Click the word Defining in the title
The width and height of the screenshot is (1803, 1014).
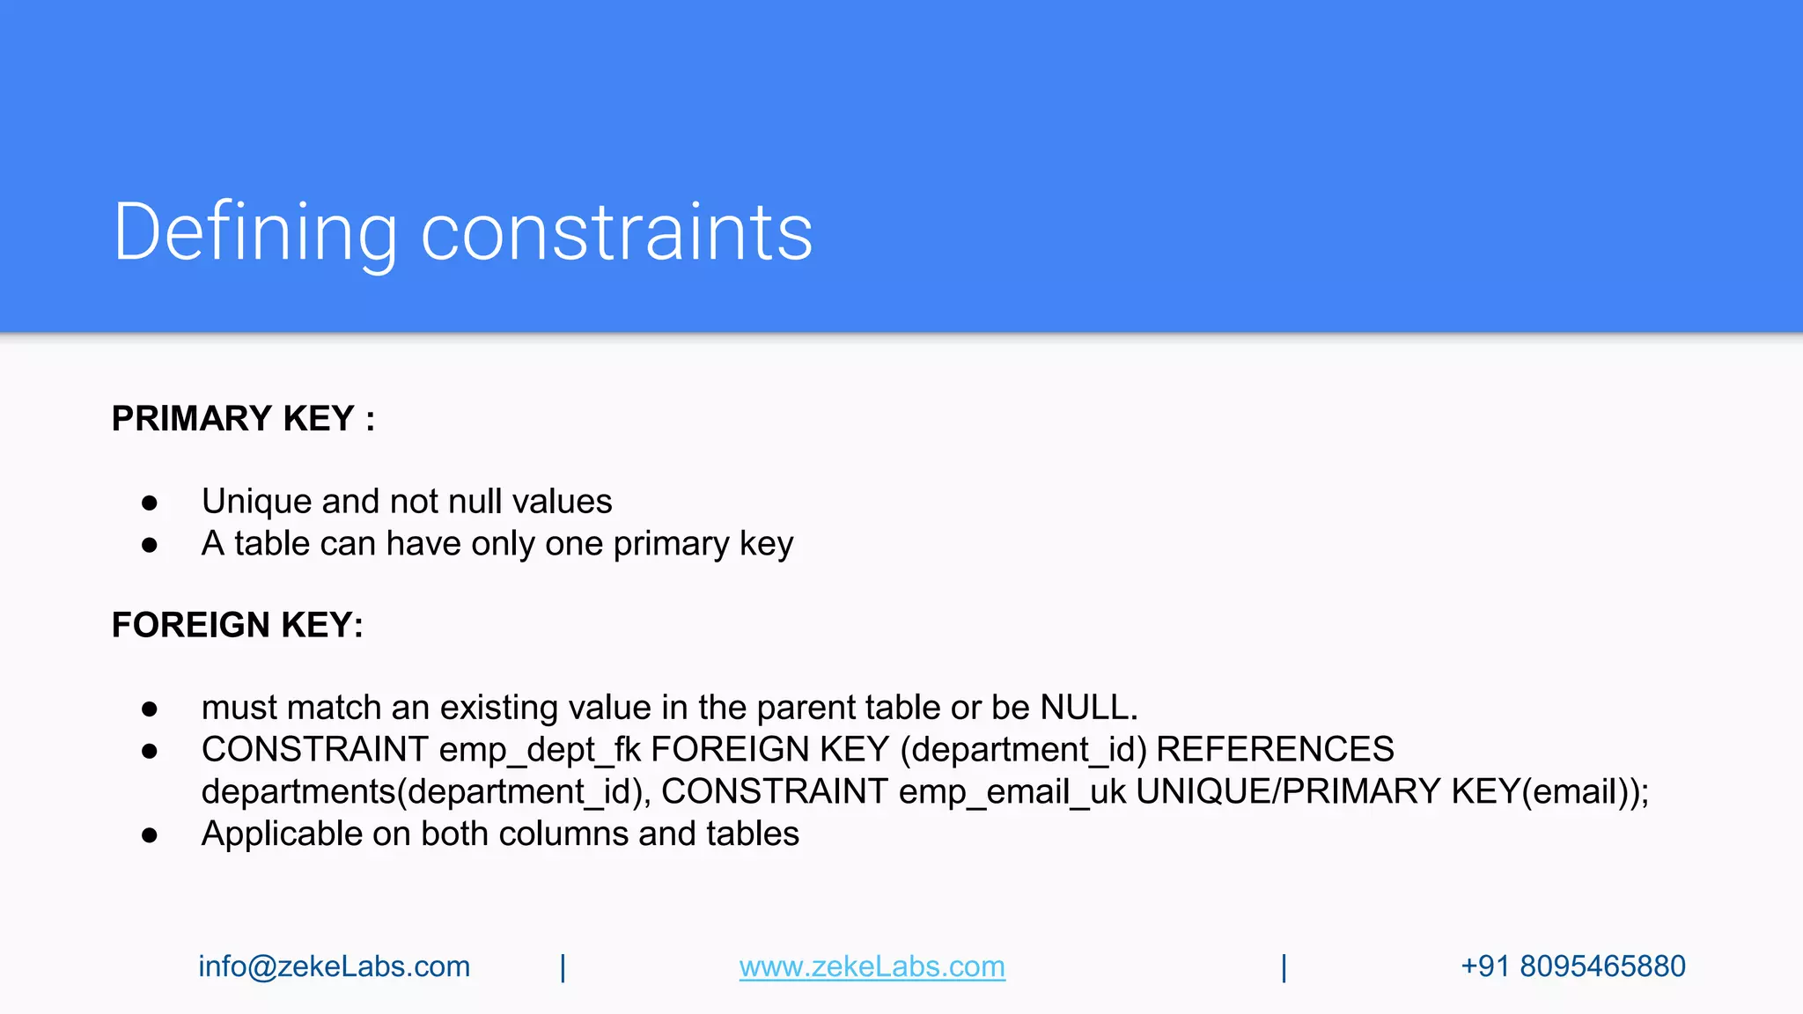pos(255,232)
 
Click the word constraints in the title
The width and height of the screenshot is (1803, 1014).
pos(616,232)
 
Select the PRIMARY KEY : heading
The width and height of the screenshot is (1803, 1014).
pos(243,419)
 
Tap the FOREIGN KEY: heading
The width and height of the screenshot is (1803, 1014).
pos(238,625)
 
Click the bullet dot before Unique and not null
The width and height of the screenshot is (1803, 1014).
pos(150,503)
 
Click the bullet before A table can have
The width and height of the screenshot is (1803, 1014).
pos(150,545)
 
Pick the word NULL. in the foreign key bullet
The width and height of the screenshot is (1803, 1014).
pos(1089,708)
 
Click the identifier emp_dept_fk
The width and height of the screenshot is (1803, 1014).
pos(540,750)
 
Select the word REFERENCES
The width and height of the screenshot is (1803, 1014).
pos(1275,750)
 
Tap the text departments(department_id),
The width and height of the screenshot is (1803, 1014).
pos(426,792)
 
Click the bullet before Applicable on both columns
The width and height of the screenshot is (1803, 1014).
pos(150,835)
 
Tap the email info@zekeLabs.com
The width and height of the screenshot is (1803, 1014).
pos(335,966)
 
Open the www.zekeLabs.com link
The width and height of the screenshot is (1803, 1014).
pos(872,966)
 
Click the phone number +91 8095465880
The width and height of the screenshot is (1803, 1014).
pos(1573,966)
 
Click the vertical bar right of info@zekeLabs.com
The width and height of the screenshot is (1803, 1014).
pos(563,967)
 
